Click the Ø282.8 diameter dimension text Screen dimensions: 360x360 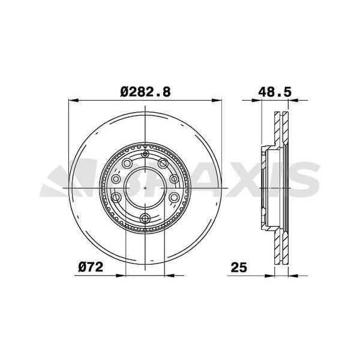pos(146,92)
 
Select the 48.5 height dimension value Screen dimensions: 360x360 pos(275,92)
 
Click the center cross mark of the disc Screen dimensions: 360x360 pos(145,187)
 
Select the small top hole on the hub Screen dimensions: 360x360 pos(145,155)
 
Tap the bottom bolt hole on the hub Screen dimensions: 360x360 pos(145,218)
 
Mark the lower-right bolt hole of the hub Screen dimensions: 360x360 pos(173,197)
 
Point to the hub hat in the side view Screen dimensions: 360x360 pos(265,187)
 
